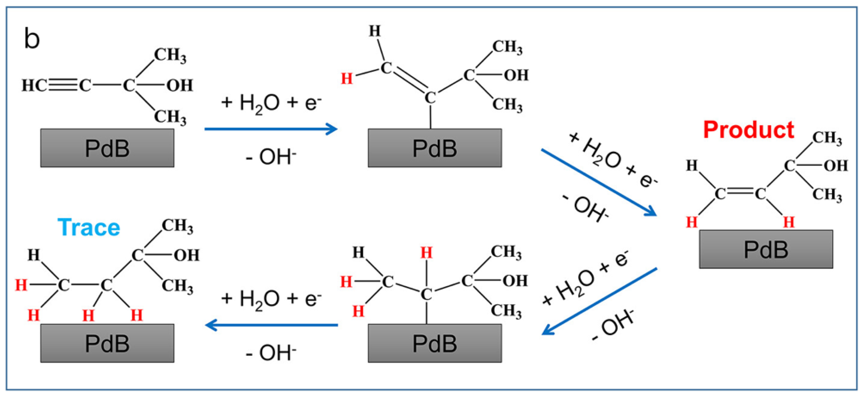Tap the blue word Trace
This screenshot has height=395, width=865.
coord(89,228)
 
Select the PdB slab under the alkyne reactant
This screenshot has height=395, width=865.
coord(107,148)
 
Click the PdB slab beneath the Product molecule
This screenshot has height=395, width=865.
coord(766,249)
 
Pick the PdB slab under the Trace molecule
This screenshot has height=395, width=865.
coord(107,343)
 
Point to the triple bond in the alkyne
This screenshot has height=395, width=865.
coord(63,85)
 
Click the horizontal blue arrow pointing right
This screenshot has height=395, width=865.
coord(271,129)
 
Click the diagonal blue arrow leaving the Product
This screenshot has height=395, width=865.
coord(600,301)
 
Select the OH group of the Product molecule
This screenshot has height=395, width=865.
coord(836,166)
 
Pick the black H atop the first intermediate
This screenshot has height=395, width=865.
coord(375,31)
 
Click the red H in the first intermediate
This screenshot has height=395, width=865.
coord(347,79)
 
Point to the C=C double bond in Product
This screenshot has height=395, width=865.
coord(740,193)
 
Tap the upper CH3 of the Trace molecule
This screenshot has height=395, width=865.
coord(177,226)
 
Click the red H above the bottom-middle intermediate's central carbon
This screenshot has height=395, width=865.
coord(426,253)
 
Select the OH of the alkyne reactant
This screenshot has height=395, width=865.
coord(180,85)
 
